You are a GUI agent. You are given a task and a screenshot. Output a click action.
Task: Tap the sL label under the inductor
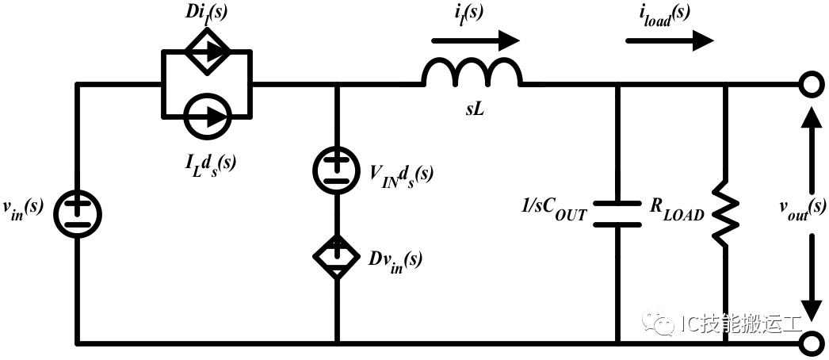[475, 111]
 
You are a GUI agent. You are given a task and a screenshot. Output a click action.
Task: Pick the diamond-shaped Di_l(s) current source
[208, 51]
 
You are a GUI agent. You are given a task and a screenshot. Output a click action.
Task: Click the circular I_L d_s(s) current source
[208, 117]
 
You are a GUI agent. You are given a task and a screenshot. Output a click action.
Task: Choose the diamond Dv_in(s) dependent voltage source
[337, 256]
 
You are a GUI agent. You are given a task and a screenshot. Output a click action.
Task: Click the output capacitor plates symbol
[617, 213]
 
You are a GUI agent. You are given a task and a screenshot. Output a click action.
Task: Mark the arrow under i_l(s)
[476, 40]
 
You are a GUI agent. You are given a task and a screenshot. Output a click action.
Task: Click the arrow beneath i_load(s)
[670, 40]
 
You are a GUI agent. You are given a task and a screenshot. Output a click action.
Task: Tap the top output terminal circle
[810, 84]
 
